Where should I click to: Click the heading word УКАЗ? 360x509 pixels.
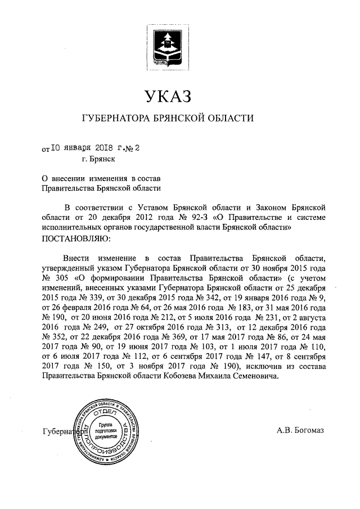(x=168, y=96)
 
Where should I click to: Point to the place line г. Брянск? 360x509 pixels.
(x=99, y=160)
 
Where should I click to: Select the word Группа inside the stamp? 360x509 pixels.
(x=106, y=422)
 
